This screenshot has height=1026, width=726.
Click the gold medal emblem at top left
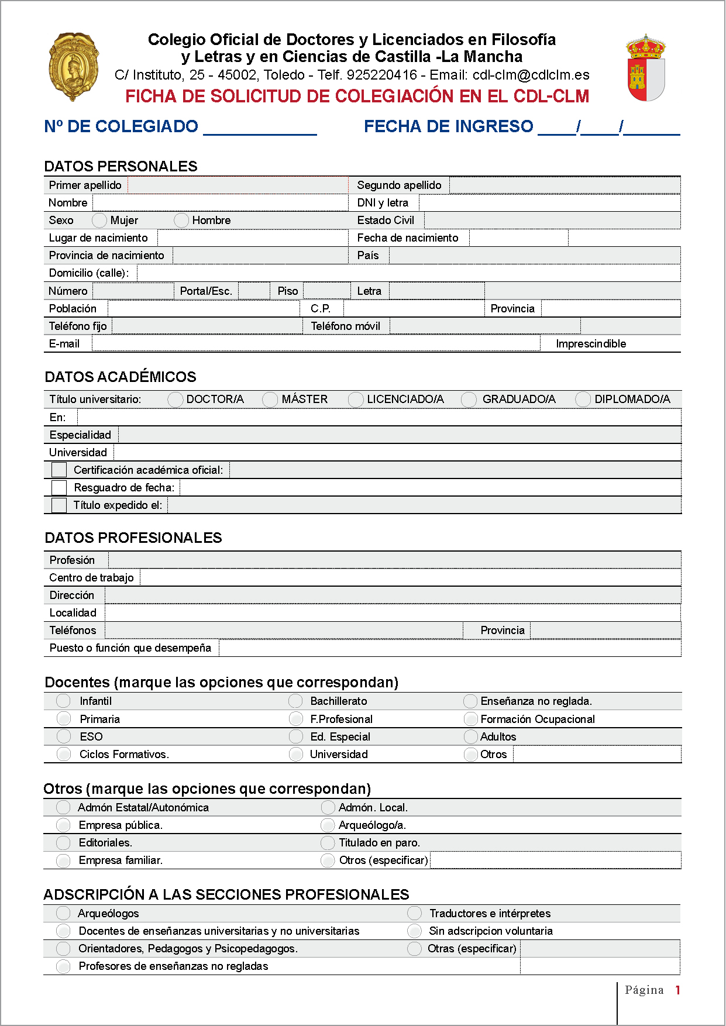tap(73, 67)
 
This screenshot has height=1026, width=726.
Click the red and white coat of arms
tap(645, 68)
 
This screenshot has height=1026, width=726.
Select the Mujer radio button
tap(99, 221)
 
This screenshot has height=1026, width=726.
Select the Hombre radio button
tap(181, 221)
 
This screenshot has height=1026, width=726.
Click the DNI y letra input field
tap(549, 203)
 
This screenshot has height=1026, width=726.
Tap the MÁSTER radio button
tap(270, 400)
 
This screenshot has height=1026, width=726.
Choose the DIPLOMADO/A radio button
tap(583, 400)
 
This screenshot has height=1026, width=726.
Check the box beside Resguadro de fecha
tap(59, 488)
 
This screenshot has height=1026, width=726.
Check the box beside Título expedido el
tap(59, 505)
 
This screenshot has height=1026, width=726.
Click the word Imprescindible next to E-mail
tap(591, 344)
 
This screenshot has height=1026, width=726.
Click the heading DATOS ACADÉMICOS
tap(121, 377)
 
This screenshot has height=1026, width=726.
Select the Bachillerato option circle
tap(296, 701)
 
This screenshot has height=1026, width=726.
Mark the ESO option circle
tap(64, 737)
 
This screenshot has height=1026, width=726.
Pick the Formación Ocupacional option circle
tap(470, 719)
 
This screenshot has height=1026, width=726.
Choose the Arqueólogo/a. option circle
tap(328, 825)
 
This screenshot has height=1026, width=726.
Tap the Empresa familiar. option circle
tap(63, 860)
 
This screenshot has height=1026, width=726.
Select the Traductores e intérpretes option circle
tap(414, 914)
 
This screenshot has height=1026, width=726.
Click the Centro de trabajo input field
tap(410, 578)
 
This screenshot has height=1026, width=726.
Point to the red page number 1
tap(677, 990)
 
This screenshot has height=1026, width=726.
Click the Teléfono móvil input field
tap(484, 326)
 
